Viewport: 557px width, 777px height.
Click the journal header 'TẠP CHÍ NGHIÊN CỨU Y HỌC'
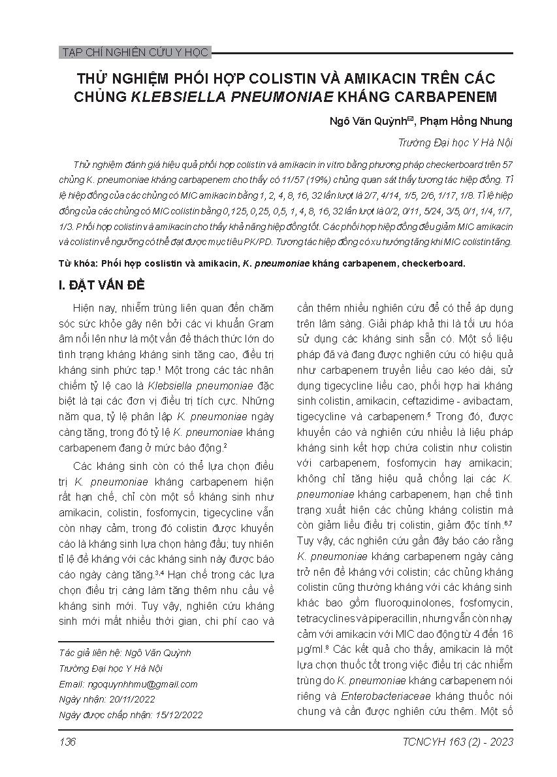pos(134,52)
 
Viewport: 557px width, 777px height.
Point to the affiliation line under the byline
pos(455,142)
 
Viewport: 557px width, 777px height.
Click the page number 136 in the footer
pos(67,742)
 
